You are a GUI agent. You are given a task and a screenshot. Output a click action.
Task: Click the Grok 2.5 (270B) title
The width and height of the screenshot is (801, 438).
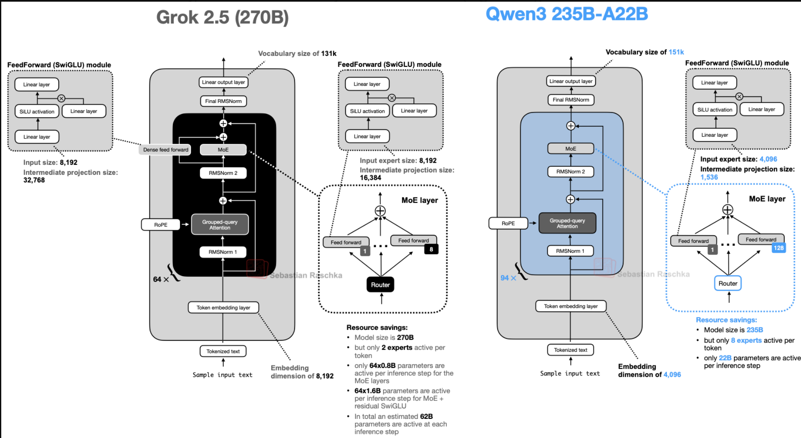pos(222,18)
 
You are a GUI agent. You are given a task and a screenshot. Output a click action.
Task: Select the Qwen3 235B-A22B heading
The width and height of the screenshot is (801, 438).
pos(567,14)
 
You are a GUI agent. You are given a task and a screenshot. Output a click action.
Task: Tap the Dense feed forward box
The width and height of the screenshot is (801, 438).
pos(165,150)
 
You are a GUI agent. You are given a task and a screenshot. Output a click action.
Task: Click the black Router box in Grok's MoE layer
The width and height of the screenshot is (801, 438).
pos(380,285)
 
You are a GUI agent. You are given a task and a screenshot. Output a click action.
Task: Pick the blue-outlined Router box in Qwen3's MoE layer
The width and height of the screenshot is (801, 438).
pos(728,284)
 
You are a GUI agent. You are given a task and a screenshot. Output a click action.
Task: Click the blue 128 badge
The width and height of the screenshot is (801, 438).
pos(778,248)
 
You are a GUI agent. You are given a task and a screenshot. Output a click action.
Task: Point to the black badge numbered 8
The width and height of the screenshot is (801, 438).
pos(431,249)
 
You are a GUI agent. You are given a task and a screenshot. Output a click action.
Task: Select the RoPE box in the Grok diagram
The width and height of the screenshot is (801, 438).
pos(161,225)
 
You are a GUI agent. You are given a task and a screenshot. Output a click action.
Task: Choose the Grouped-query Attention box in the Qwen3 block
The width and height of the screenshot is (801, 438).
pos(567,224)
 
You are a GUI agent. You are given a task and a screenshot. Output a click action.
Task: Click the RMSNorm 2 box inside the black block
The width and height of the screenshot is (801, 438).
pos(223,173)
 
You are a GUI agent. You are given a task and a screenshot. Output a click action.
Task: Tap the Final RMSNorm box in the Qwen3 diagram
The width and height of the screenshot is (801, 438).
pos(571,100)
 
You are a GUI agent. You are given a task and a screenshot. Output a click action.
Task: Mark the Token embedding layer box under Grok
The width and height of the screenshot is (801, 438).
pos(223,308)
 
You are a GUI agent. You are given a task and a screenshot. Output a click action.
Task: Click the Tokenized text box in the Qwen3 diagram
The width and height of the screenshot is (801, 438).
pos(571,350)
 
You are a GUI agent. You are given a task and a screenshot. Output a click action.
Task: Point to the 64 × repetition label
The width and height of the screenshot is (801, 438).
pos(160,279)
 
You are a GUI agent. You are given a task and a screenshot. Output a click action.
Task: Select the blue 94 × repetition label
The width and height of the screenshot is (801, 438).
pos(508,278)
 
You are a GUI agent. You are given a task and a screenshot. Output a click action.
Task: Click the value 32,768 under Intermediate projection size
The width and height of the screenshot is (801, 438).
pos(34,180)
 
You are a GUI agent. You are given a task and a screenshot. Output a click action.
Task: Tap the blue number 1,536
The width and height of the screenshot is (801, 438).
pos(709,177)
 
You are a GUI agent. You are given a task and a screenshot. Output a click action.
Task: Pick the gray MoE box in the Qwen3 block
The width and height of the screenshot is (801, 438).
pos(571,149)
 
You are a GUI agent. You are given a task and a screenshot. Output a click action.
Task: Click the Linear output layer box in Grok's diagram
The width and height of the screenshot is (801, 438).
pos(223,83)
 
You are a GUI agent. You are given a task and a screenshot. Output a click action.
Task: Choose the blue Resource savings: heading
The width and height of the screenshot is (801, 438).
pos(726,320)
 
